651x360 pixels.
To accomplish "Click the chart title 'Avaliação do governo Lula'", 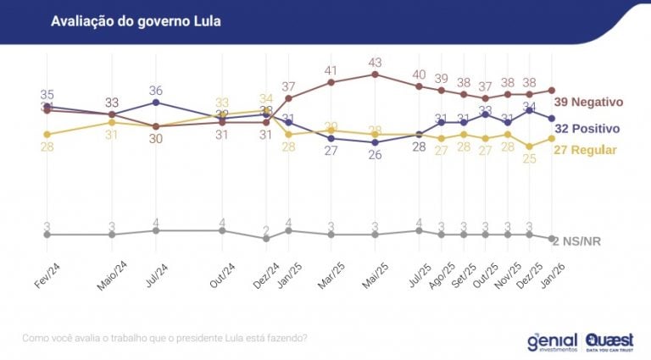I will pyautogui.click(x=136, y=21).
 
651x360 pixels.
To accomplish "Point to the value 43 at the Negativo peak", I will pyautogui.click(x=375, y=63).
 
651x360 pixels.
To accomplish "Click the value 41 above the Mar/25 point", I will pyautogui.click(x=331, y=70).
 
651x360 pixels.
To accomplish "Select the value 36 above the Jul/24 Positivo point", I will pyautogui.click(x=156, y=91).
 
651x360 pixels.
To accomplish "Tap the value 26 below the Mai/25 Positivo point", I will pyautogui.click(x=375, y=155).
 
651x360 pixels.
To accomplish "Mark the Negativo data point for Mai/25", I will pyautogui.click(x=375, y=75).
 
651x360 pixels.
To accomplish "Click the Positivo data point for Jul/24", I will pyautogui.click(x=156, y=102).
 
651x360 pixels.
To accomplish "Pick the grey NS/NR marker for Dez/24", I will pyautogui.click(x=266, y=239).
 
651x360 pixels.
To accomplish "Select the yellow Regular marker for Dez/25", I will pyautogui.click(x=530, y=146).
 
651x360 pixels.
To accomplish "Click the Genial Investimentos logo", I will pyautogui.click(x=551, y=341).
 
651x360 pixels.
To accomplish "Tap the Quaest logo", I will pyautogui.click(x=612, y=341).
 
